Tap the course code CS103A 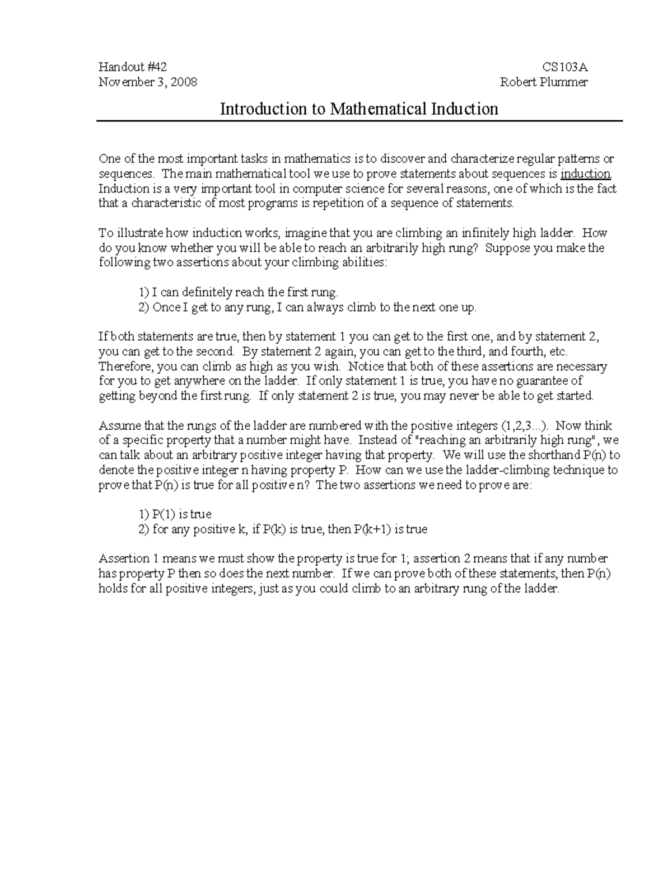point(564,67)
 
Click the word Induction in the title point(464,109)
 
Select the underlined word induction point(586,174)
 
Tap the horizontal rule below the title point(359,121)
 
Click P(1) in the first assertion point(164,514)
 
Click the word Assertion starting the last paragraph point(124,558)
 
